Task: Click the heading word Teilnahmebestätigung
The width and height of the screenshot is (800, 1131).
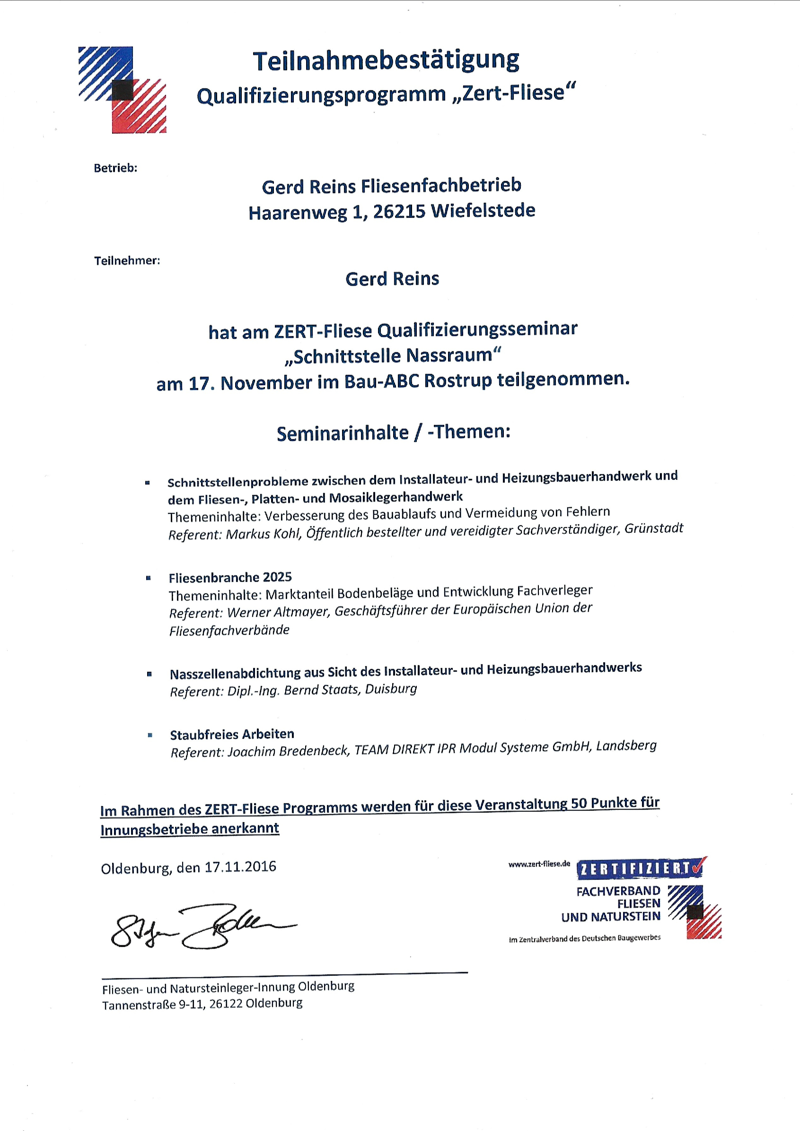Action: pyautogui.click(x=386, y=61)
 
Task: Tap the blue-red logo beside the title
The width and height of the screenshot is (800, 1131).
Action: pyautogui.click(x=122, y=90)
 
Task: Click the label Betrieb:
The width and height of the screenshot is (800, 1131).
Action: pyautogui.click(x=115, y=168)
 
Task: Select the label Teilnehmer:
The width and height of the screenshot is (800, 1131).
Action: pyautogui.click(x=127, y=261)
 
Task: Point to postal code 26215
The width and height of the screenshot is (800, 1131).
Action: pyautogui.click(x=399, y=211)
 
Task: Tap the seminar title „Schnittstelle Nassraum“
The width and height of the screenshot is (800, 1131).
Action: pyautogui.click(x=392, y=355)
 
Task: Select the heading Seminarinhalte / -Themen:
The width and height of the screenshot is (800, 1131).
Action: pyautogui.click(x=393, y=433)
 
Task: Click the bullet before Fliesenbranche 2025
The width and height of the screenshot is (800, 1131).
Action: pyautogui.click(x=149, y=578)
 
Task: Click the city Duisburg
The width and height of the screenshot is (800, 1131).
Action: pyautogui.click(x=391, y=688)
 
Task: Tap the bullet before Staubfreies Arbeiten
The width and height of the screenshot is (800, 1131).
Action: pyautogui.click(x=150, y=735)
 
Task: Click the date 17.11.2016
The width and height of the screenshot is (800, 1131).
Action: pyautogui.click(x=240, y=867)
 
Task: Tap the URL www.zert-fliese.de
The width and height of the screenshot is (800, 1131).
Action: pyautogui.click(x=539, y=863)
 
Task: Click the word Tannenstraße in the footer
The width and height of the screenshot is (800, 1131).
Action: pyautogui.click(x=139, y=1005)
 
